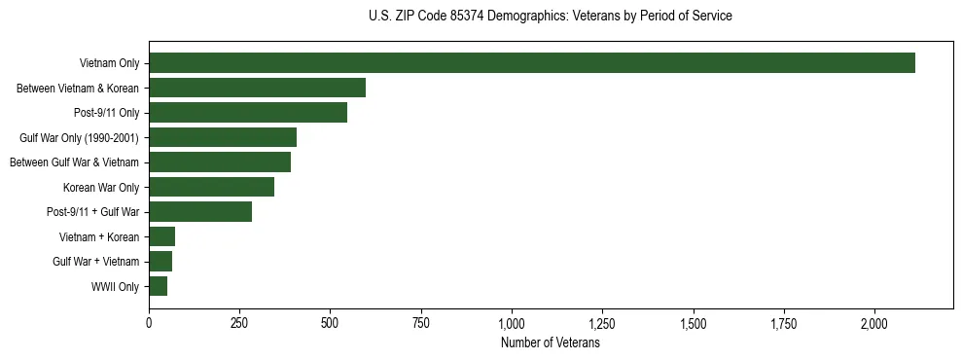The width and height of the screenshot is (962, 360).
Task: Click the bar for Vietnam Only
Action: click(x=531, y=63)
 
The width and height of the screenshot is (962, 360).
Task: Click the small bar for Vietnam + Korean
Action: click(x=161, y=236)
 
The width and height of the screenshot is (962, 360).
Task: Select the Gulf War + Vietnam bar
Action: click(x=160, y=261)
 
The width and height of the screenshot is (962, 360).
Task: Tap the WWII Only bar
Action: click(x=158, y=286)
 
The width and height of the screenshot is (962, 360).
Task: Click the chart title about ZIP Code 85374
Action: click(x=551, y=17)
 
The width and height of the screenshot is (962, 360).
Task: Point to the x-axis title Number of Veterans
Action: click(x=551, y=343)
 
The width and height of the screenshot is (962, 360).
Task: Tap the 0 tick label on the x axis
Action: click(x=149, y=323)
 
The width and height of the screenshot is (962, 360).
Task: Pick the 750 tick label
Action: click(x=421, y=323)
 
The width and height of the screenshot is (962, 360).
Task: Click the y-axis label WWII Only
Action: click(x=115, y=287)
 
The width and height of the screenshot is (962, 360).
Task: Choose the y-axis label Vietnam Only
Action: click(x=109, y=64)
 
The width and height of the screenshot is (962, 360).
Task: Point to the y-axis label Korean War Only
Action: click(x=101, y=188)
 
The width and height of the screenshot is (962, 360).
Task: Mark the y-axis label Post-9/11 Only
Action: click(x=106, y=114)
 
